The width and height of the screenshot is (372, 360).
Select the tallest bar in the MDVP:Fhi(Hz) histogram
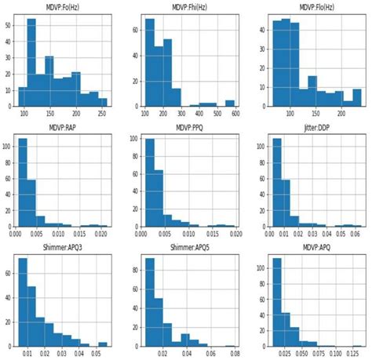coord(149,63)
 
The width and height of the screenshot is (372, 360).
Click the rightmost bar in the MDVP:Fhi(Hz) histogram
coord(229,103)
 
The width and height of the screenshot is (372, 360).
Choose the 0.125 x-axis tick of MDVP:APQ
coord(356,352)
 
